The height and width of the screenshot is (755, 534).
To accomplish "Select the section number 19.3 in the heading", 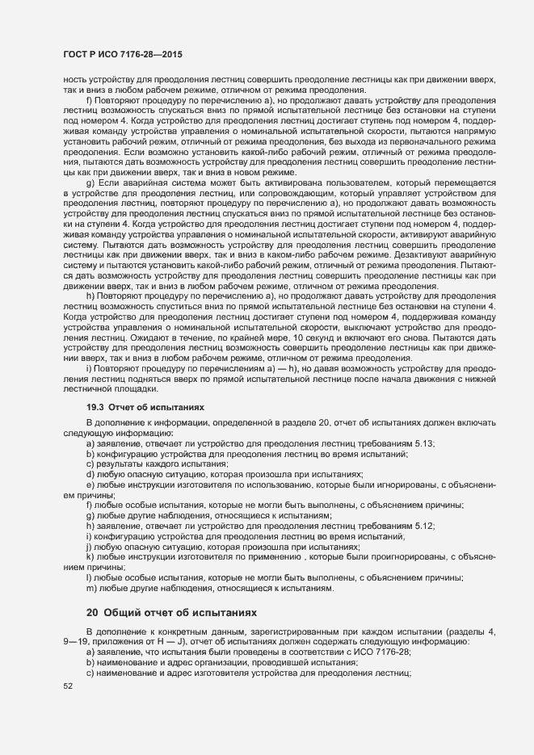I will point(95,409).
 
